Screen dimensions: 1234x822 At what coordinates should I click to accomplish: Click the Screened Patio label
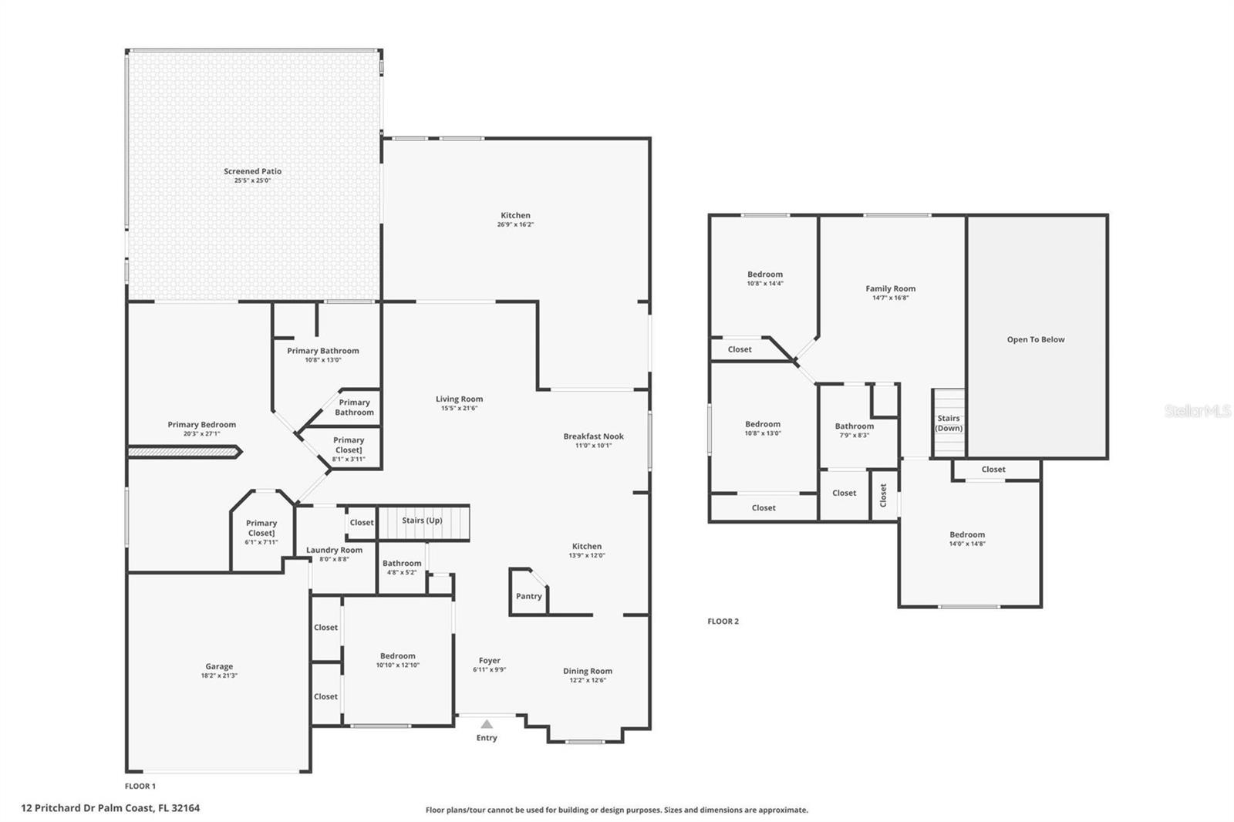(252, 171)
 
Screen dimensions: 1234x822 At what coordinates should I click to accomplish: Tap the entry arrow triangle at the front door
(487, 724)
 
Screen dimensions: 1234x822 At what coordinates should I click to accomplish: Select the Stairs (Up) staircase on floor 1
(423, 523)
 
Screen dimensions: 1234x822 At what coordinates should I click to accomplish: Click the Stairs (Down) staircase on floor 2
(949, 423)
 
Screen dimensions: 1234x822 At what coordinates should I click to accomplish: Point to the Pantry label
(529, 596)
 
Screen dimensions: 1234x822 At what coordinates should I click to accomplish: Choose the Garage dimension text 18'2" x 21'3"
(219, 675)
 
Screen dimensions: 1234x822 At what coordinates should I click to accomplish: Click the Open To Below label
(1036, 339)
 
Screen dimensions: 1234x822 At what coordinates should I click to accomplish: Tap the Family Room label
(890, 288)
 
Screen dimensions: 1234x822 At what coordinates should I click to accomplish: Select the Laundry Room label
(335, 550)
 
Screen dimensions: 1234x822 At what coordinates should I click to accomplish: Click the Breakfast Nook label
(593, 436)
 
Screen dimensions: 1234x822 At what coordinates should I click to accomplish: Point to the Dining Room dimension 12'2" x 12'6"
(588, 680)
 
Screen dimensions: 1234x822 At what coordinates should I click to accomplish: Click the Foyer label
(489, 660)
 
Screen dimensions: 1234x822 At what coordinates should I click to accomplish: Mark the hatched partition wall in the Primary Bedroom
(184, 453)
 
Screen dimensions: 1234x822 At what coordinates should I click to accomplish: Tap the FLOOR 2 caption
(723, 621)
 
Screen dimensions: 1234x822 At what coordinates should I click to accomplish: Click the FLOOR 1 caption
(140, 786)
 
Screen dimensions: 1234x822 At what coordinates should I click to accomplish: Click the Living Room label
(460, 399)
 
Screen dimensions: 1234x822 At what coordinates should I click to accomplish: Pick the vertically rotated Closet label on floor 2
(883, 495)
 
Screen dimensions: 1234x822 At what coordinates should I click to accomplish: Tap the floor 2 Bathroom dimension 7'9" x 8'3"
(855, 435)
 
